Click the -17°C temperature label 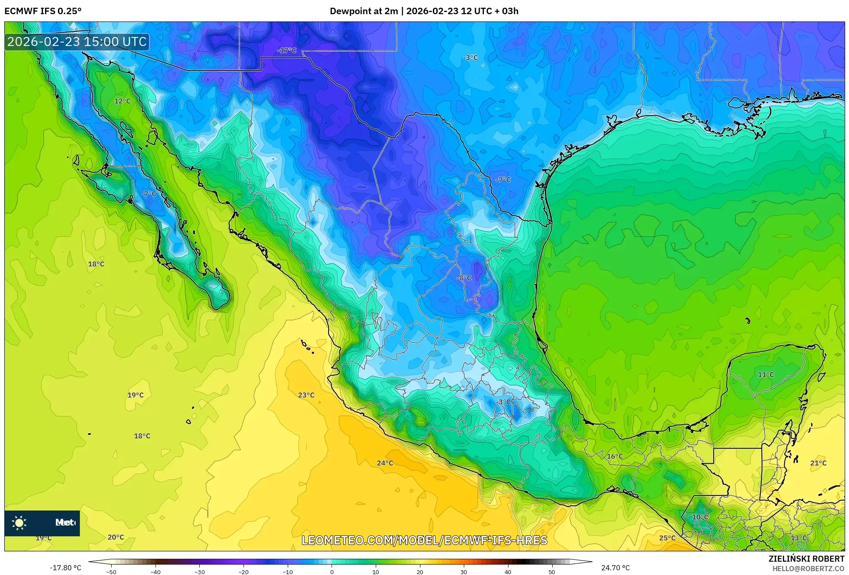(x=287, y=51)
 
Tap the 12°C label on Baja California (x=122, y=101)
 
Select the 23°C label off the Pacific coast (x=306, y=395)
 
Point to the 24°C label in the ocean (x=385, y=463)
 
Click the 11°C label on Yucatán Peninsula (x=766, y=375)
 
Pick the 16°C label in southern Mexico (x=615, y=456)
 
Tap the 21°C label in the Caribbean (x=818, y=463)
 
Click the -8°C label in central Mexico (x=464, y=278)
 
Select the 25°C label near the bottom (x=667, y=538)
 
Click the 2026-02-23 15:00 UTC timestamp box (x=77, y=42)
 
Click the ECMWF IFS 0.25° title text (x=43, y=11)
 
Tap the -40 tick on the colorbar (x=155, y=572)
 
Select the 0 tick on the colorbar (x=332, y=572)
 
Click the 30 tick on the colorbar (x=464, y=572)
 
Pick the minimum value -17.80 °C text (x=65, y=568)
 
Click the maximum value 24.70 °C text (x=615, y=568)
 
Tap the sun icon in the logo (x=19, y=523)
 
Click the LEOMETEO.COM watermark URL (x=424, y=541)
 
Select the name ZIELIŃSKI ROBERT (x=806, y=559)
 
